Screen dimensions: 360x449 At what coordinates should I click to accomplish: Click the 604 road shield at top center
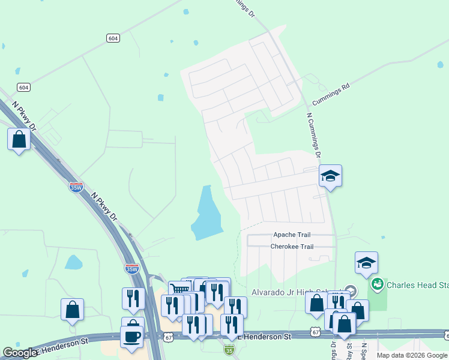pyautogui.click(x=112, y=38)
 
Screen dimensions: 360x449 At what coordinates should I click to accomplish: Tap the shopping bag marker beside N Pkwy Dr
pyautogui.click(x=19, y=140)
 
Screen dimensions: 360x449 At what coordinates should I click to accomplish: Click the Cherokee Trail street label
pyautogui.click(x=292, y=247)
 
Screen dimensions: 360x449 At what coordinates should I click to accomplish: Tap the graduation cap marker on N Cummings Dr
pyautogui.click(x=330, y=176)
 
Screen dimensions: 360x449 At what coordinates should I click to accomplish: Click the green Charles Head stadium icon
pyautogui.click(x=378, y=284)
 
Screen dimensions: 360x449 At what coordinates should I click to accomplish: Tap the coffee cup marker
pyautogui.click(x=132, y=337)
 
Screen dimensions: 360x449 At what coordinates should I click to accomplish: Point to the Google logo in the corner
pyautogui.click(x=20, y=352)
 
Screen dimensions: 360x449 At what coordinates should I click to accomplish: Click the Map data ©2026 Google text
pyautogui.click(x=412, y=355)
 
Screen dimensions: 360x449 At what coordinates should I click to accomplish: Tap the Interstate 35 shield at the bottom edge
pyautogui.click(x=229, y=349)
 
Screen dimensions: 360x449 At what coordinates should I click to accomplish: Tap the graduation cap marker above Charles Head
pyautogui.click(x=366, y=263)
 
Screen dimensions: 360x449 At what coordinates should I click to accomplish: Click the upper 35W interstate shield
pyautogui.click(x=76, y=187)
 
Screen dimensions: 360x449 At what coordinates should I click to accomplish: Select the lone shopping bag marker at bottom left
pyautogui.click(x=72, y=310)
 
